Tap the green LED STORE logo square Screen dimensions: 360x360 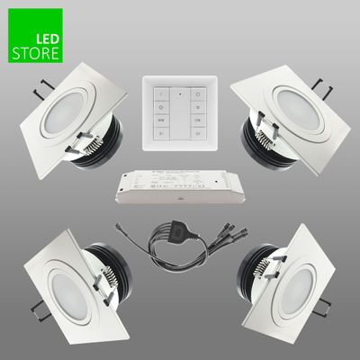35,40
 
